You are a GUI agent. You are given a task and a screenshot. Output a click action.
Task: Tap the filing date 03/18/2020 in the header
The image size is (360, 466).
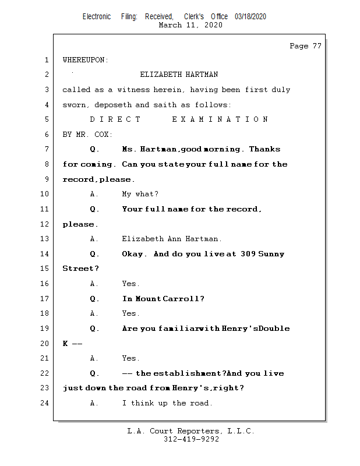pos(250,17)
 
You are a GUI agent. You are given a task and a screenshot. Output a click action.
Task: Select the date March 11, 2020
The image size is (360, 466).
pos(190,25)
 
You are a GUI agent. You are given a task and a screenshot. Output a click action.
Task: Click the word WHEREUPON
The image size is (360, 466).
pos(85,60)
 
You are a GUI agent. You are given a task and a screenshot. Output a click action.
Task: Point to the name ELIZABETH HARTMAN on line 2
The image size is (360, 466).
pos(179,75)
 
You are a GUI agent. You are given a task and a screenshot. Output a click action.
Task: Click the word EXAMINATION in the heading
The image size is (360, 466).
pos(220,119)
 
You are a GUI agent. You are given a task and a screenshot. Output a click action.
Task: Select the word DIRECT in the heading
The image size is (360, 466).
pos(115,119)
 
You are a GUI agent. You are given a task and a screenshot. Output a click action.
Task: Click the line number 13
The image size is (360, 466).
pos(45,239)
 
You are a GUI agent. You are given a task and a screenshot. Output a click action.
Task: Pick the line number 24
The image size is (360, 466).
pos(45,403)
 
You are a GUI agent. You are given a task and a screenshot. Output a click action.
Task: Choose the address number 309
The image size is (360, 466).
pos(248,254)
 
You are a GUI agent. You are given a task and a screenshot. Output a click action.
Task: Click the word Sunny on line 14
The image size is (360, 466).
pos(272,254)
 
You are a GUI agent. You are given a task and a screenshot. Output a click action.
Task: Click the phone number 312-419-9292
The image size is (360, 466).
pos(191,440)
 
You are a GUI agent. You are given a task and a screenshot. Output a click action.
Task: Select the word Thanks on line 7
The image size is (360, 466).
pos(264,149)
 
